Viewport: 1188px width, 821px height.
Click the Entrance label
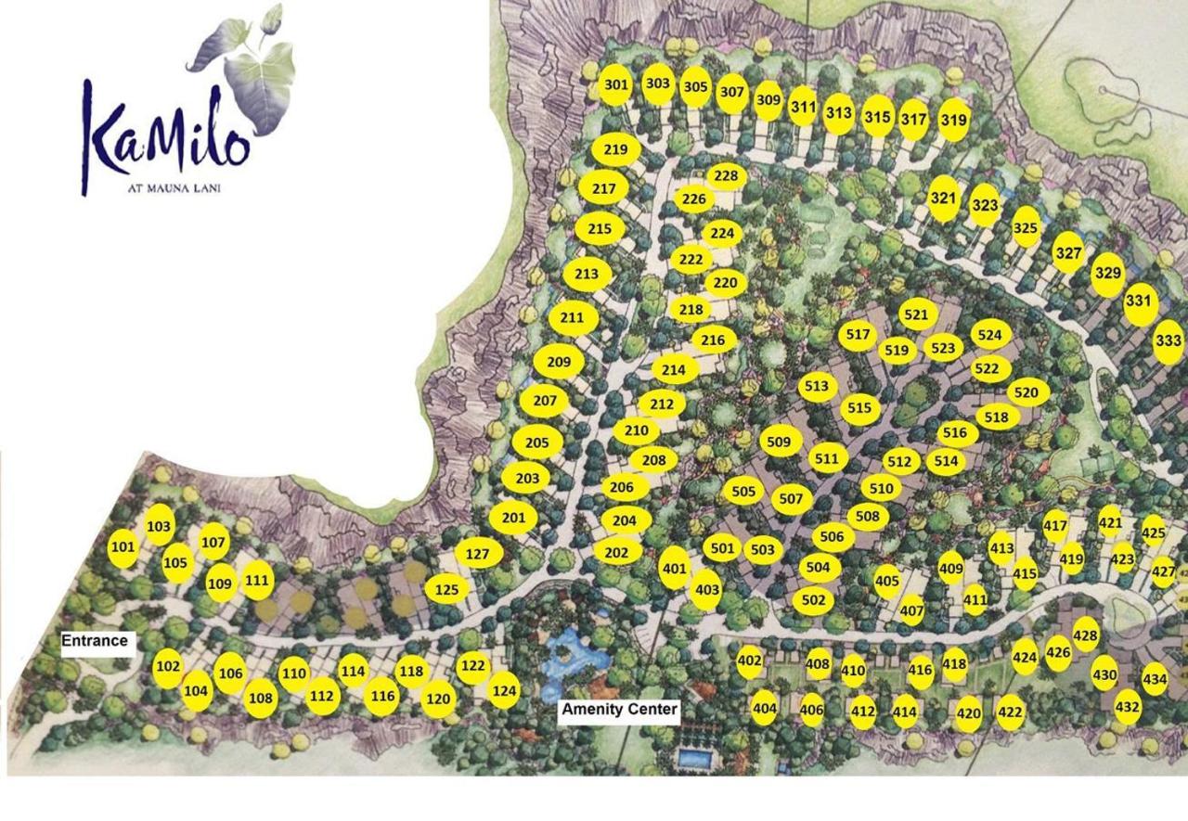click(95, 641)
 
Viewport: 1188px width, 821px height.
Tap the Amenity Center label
click(620, 711)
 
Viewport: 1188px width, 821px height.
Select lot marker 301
click(615, 85)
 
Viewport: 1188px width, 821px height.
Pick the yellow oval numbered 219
click(615, 149)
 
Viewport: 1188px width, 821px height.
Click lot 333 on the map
click(1169, 341)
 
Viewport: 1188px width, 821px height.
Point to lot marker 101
click(123, 547)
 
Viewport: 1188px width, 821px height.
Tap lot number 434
click(1155, 679)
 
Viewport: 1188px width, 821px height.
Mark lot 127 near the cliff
click(477, 555)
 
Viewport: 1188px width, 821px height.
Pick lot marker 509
click(780, 442)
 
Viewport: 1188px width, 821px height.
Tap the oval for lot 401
click(675, 569)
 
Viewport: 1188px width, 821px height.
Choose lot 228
click(726, 176)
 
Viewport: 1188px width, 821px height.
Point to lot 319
click(953, 120)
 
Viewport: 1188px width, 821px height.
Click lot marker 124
click(504, 690)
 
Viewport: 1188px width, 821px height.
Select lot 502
click(813, 600)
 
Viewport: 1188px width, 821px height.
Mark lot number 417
click(1055, 526)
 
